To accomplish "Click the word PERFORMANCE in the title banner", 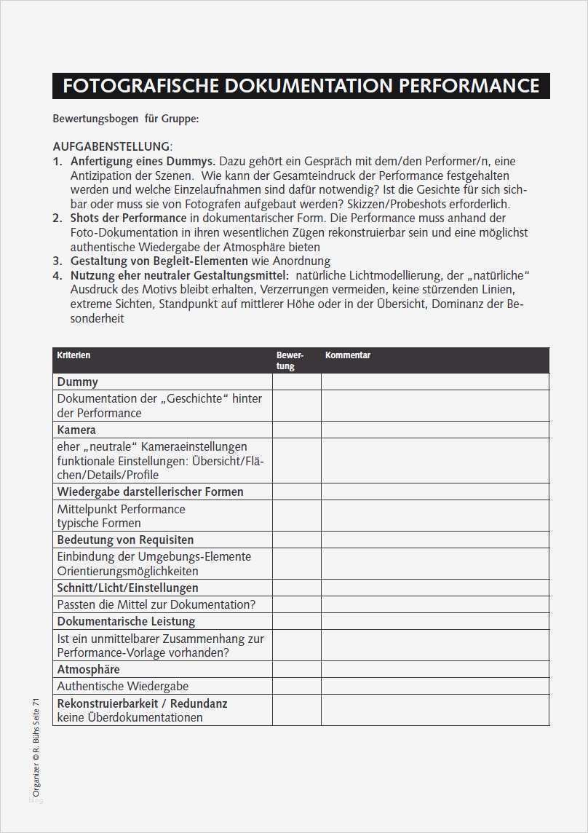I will pos(469,86).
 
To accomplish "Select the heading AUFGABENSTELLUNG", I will pos(111,146).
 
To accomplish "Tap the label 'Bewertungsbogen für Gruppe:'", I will pos(125,118).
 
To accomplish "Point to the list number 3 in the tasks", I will pos(57,261).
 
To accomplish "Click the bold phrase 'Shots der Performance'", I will pos(128,218).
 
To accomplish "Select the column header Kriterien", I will pos(73,355).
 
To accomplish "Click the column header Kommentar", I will pos(348,355).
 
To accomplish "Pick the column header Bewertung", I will pos(289,360).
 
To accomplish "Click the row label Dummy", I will pos(77,382).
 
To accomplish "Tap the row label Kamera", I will pos(76,430).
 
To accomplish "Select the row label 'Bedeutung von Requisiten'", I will pos(125,540).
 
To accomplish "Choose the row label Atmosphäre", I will pos(88,669).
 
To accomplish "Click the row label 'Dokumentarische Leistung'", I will pos(126,621).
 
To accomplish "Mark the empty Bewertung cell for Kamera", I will pos(296,430).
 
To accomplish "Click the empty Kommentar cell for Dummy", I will pos(434,382).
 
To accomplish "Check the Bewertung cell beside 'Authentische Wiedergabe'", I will pos(296,686).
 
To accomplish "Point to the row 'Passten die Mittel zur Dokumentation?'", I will pos(156,604).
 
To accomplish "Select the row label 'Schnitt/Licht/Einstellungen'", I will pos(127,588).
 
